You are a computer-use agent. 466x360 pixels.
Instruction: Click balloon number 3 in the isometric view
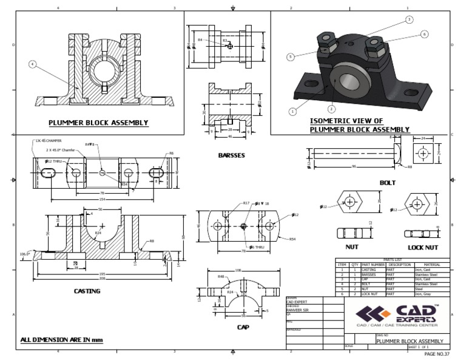click(x=409, y=19)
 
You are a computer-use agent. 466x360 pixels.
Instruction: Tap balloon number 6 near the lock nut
click(x=424, y=34)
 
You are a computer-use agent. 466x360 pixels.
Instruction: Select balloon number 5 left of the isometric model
click(x=291, y=56)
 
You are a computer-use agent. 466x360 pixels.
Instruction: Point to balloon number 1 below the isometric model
click(x=292, y=112)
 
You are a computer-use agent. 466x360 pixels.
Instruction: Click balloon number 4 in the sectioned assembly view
click(x=32, y=63)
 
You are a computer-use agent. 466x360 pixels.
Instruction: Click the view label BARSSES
click(x=231, y=155)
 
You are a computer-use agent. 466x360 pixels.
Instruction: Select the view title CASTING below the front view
click(x=87, y=291)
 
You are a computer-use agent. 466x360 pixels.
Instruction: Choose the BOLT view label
click(x=387, y=182)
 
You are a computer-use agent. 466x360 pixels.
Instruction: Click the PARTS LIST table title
click(x=393, y=259)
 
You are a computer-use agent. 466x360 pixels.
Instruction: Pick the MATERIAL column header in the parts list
click(x=431, y=264)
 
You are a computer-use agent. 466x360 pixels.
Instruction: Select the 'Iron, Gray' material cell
click(x=425, y=294)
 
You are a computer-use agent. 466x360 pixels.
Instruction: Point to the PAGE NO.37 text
click(x=437, y=354)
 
